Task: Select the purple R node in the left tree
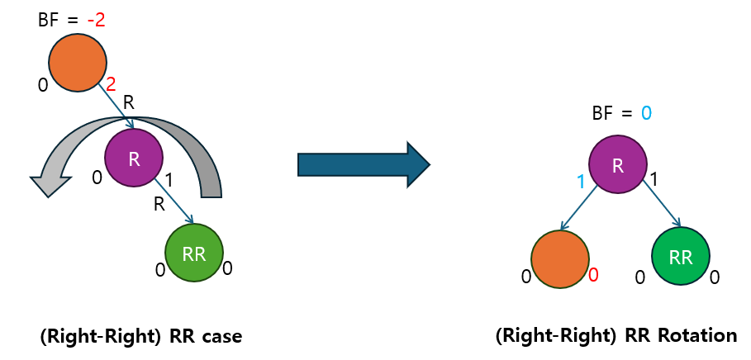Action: [134, 158]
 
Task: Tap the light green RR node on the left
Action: [194, 253]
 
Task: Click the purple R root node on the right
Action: [617, 165]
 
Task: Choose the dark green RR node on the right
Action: [681, 257]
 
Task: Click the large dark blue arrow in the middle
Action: [364, 163]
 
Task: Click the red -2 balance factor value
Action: [96, 20]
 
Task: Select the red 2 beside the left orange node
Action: [112, 83]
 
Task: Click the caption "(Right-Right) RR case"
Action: [140, 337]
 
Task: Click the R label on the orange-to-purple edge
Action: [128, 103]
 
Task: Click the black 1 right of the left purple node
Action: [169, 178]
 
